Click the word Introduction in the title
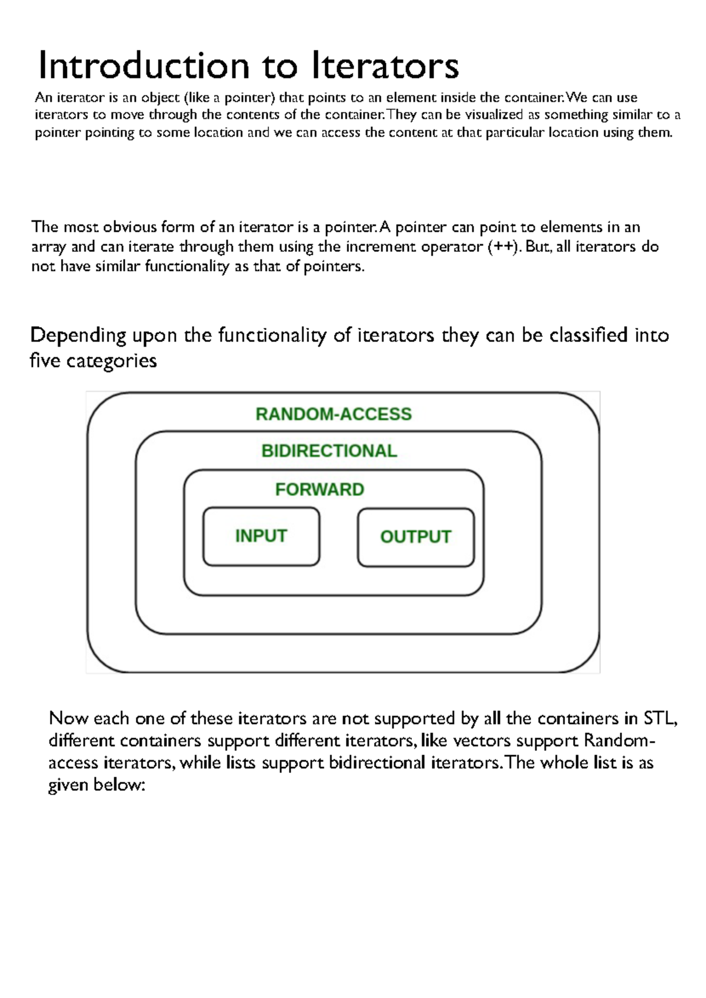[144, 65]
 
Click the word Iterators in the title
[385, 65]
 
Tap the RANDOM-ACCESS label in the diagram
[334, 414]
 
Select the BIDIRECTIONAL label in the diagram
[329, 451]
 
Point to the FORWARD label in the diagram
[319, 489]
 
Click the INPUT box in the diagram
[261, 536]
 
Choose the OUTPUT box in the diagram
[415, 537]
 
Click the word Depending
[78, 336]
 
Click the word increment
[381, 246]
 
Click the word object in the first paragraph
[159, 98]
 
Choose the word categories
[111, 361]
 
